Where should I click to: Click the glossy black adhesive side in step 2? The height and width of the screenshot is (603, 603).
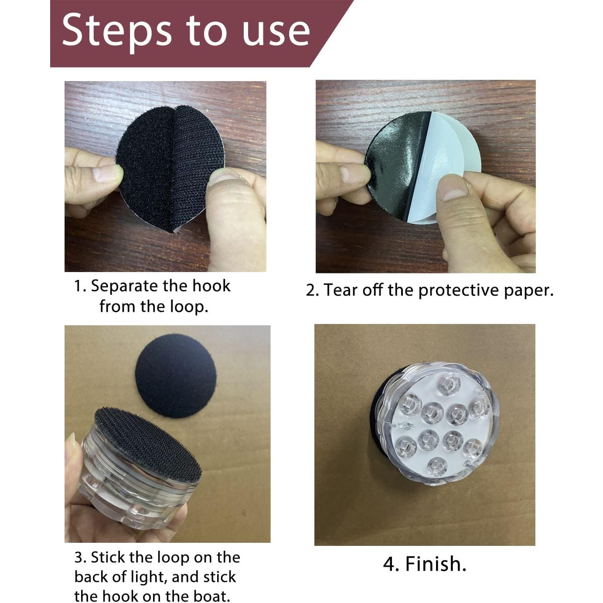(x=397, y=163)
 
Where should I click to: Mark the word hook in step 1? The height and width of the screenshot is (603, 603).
(x=211, y=286)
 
